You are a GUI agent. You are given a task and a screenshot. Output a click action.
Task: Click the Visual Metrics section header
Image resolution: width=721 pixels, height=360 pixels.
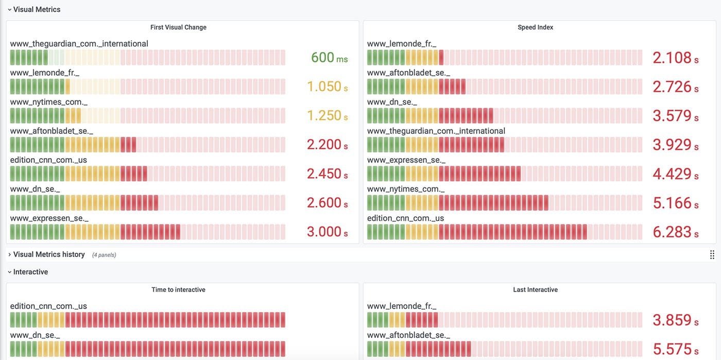pos(37,9)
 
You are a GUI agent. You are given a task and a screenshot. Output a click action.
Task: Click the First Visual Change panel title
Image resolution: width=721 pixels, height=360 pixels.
pos(178,27)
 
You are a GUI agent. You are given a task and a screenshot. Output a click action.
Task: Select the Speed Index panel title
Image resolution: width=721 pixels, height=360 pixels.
pos(535,27)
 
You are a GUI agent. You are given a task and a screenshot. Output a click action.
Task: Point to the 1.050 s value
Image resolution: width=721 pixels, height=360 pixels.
pos(327,87)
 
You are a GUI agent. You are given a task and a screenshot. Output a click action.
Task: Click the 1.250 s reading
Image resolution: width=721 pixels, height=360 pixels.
pos(327,116)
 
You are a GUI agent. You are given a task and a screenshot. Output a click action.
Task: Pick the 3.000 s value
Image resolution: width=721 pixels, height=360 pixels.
pos(327,232)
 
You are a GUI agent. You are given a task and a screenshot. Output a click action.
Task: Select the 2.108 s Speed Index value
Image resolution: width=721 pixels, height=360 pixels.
pos(675,58)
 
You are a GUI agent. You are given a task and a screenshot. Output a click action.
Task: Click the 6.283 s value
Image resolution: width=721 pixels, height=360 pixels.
pos(675,232)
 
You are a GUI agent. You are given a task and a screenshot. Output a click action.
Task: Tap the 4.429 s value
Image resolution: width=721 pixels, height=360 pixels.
pos(675,174)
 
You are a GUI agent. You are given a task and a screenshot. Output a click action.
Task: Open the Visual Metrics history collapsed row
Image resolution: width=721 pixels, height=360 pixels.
pos(49,254)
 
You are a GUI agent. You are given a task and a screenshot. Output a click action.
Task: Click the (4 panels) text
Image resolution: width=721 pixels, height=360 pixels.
pos(104,255)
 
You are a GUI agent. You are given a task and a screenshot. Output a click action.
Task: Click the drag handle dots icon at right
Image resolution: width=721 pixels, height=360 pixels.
pos(712,254)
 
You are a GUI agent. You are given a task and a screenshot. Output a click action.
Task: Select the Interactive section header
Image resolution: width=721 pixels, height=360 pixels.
pos(30,272)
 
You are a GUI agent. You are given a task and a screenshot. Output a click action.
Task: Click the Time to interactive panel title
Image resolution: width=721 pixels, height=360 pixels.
pos(178,290)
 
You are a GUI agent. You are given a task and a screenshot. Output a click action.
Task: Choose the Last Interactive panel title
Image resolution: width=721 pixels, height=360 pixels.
pos(535,290)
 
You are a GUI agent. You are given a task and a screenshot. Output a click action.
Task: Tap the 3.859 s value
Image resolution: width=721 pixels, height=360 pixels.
pos(675,320)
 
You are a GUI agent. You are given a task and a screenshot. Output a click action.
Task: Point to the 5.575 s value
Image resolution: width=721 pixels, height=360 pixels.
pos(675,349)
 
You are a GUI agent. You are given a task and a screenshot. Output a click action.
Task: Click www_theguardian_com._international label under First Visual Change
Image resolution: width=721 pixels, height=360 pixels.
pos(79,44)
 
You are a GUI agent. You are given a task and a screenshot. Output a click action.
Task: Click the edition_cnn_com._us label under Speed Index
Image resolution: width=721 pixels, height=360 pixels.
pos(405,218)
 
